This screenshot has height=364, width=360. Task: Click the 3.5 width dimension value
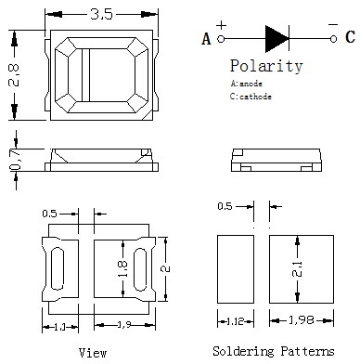click(x=101, y=14)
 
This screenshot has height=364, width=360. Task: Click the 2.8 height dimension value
click(x=14, y=75)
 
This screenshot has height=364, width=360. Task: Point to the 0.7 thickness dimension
click(x=15, y=159)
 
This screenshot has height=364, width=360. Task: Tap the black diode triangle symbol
click(x=276, y=39)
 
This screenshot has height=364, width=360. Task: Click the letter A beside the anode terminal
click(x=206, y=39)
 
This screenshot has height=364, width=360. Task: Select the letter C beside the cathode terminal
click(x=350, y=37)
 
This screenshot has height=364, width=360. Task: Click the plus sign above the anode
click(x=221, y=25)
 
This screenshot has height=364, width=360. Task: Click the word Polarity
click(x=266, y=66)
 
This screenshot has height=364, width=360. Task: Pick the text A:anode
click(x=246, y=84)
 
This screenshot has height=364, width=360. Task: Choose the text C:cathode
click(x=251, y=97)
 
